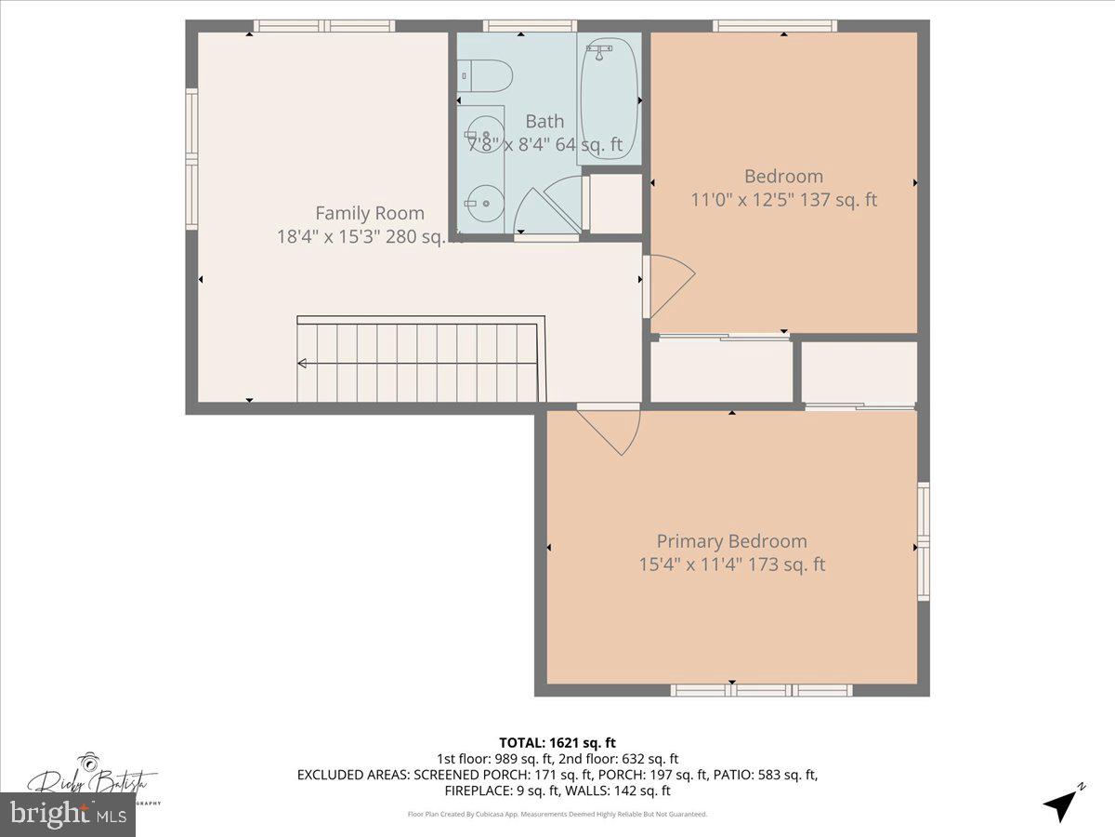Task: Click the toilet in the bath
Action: [x=487, y=74]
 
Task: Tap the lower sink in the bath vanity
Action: [x=481, y=200]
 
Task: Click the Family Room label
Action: [x=369, y=213]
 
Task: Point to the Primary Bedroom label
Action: [x=731, y=541]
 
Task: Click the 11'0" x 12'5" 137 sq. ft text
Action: [x=783, y=199]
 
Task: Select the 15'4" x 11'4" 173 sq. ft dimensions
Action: [x=731, y=565]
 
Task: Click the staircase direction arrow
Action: [x=304, y=364]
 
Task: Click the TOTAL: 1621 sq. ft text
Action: [x=557, y=742]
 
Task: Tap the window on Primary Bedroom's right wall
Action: [x=923, y=541]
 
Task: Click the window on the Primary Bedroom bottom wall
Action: [x=761, y=690]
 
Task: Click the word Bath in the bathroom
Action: [x=544, y=121]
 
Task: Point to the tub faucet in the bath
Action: [x=599, y=48]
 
